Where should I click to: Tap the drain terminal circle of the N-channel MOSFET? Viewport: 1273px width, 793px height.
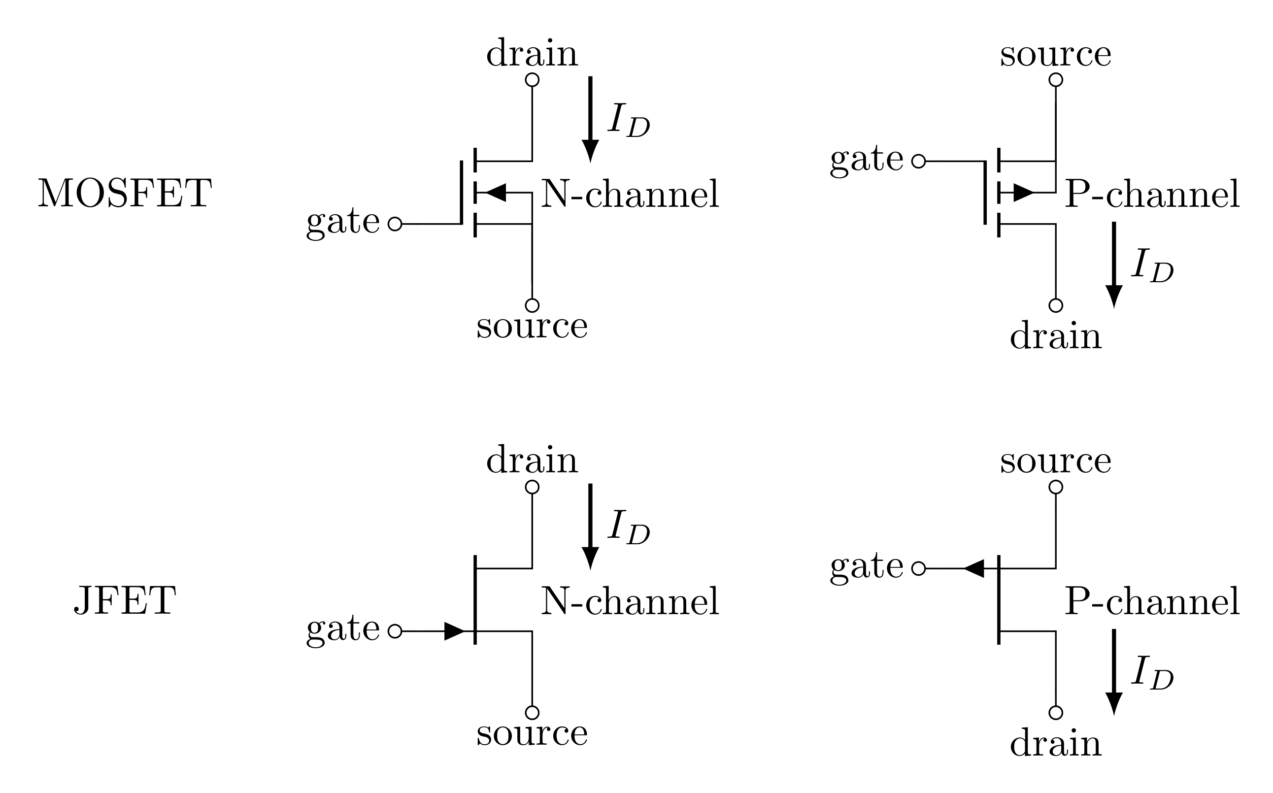click(532, 80)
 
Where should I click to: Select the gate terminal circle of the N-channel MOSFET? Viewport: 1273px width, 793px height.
click(395, 224)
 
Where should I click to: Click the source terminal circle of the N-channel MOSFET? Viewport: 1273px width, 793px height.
click(532, 305)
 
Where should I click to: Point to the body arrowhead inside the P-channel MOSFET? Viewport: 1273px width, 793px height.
click(1023, 193)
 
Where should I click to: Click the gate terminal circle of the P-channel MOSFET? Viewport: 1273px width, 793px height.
click(918, 161)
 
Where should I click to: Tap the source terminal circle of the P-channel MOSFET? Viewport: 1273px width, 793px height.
click(1055, 80)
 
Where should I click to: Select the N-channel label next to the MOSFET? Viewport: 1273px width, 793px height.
click(630, 194)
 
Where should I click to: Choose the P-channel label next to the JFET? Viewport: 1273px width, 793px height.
click(1152, 601)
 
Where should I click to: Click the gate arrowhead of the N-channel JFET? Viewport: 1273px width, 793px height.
click(454, 631)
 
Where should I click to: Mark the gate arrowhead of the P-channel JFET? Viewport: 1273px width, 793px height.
click(974, 568)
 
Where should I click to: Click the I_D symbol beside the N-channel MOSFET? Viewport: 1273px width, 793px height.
click(628, 121)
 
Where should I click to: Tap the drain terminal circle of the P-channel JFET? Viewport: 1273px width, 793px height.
click(1055, 713)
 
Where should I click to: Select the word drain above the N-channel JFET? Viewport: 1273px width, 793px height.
click(532, 461)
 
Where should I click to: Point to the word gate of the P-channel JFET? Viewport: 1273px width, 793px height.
click(867, 568)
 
